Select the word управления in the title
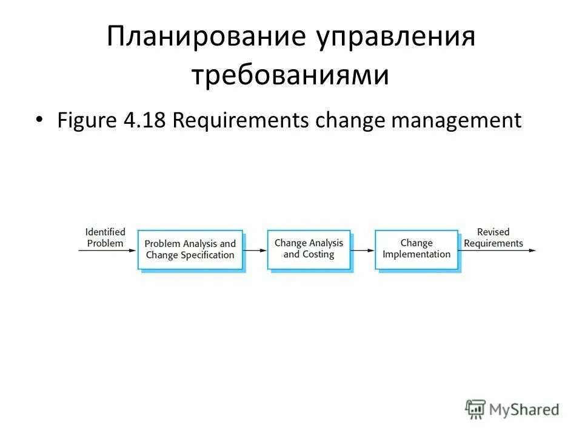(395, 38)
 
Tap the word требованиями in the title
(290, 76)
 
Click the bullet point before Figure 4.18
(39, 120)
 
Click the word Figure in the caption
(87, 120)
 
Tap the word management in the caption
(457, 120)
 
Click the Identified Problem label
(105, 237)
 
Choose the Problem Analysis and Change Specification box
(190, 249)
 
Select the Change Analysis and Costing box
(309, 249)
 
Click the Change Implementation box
(416, 249)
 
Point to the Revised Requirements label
(493, 237)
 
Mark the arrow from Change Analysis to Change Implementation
(363, 249)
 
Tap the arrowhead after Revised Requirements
(533, 249)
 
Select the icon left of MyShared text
(476, 409)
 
